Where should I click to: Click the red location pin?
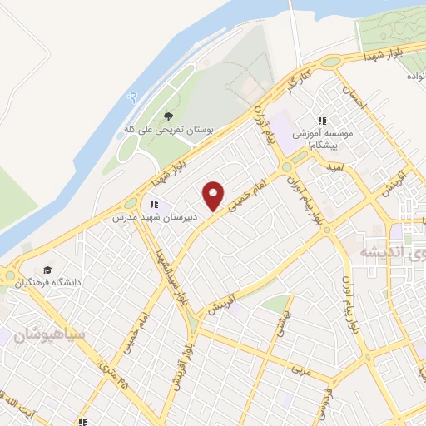click(x=214, y=195)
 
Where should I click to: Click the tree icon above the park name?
click(x=169, y=116)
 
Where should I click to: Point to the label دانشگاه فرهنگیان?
click(x=49, y=283)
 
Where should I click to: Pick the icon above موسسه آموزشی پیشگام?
click(x=322, y=119)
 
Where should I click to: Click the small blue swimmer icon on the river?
click(x=131, y=97)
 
